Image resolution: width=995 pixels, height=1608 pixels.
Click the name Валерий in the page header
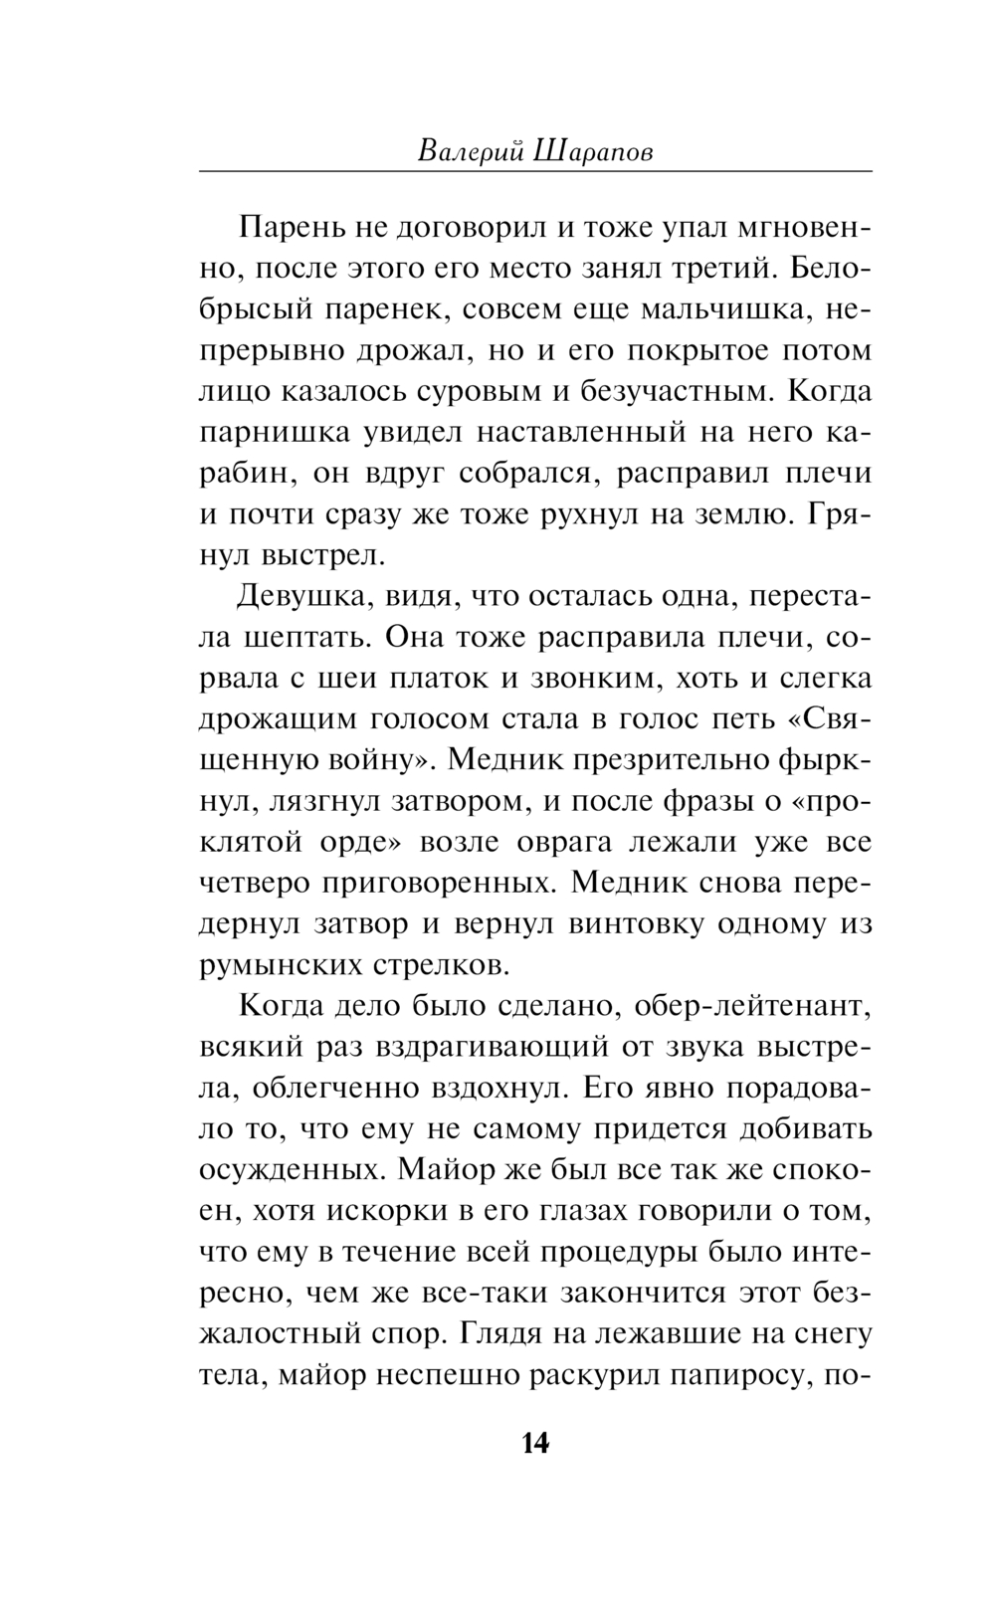467,151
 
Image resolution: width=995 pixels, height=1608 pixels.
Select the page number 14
534,1443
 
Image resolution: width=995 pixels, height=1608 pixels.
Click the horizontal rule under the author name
535,172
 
